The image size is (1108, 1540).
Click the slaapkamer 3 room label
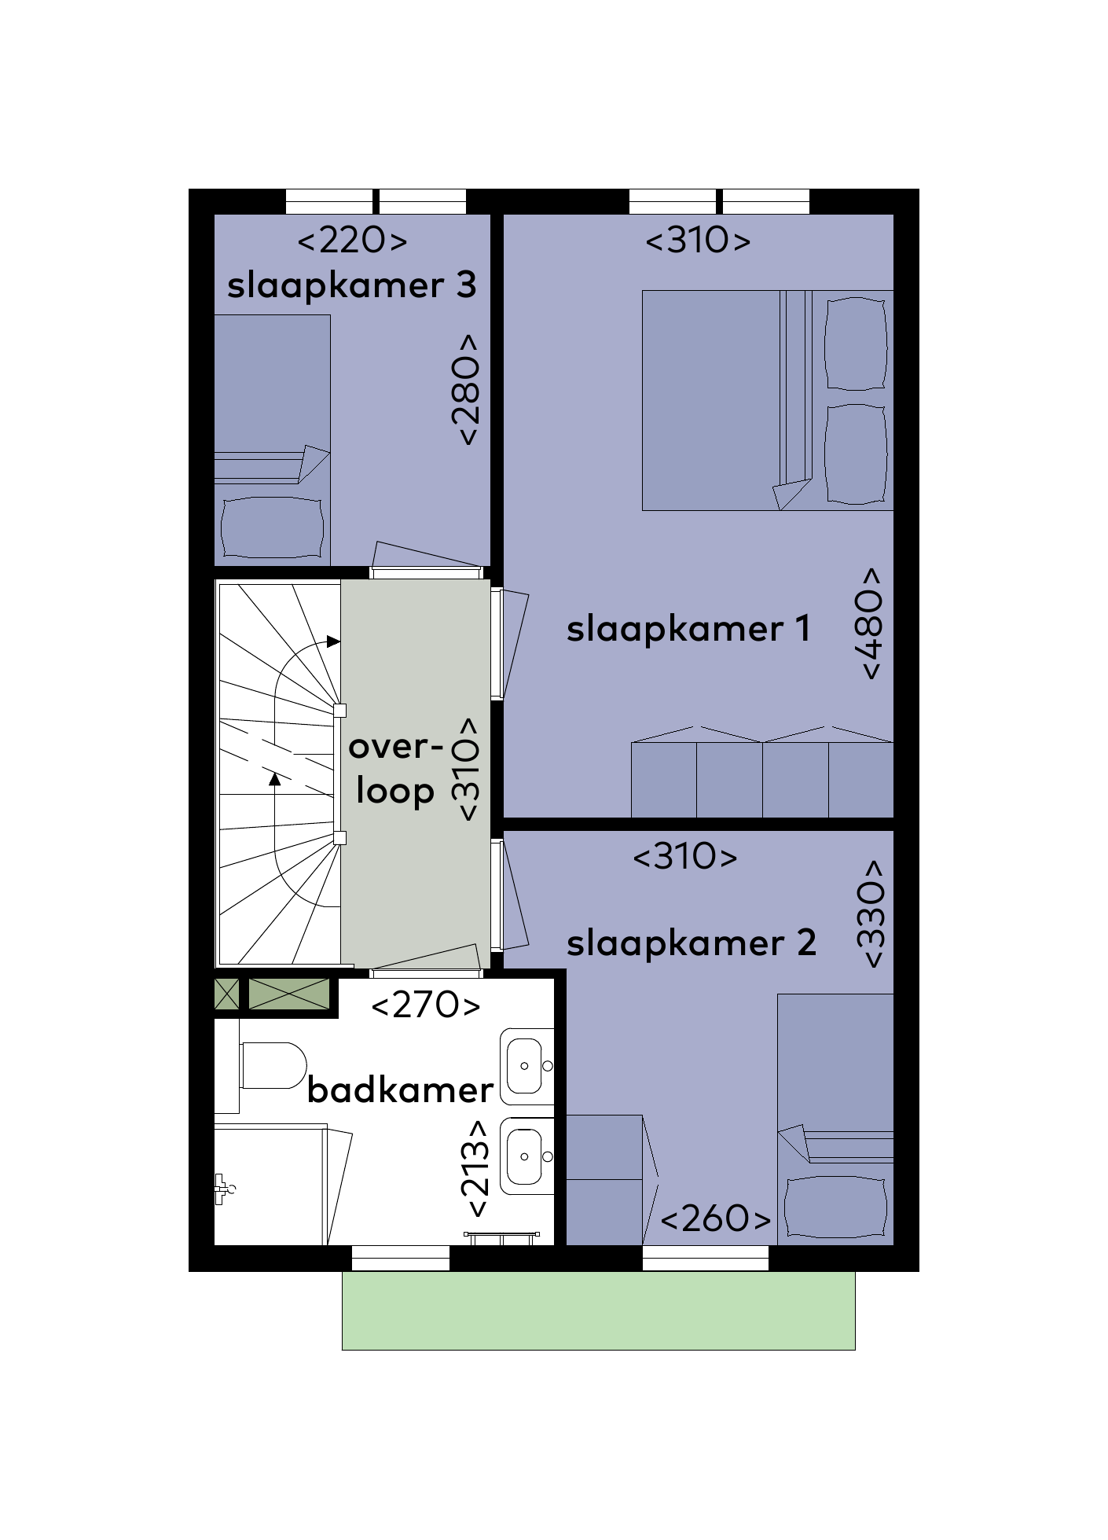[351, 286]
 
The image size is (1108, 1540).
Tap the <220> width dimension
[352, 240]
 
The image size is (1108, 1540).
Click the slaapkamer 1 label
[688, 629]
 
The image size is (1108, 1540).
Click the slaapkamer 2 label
[692, 943]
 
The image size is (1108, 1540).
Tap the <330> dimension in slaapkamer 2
[871, 914]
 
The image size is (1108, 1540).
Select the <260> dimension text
[716, 1218]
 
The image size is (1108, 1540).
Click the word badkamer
[400, 1090]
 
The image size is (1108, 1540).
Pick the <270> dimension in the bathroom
[425, 1005]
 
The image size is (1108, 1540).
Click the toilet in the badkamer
[272, 1065]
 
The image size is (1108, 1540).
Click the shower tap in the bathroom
[223, 1189]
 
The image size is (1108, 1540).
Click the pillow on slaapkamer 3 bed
[272, 527]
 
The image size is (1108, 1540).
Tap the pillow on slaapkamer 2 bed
[835, 1207]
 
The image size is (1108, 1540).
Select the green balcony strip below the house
[599, 1310]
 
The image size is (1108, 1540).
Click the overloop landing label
[395, 769]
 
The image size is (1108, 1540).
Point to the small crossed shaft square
[226, 994]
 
